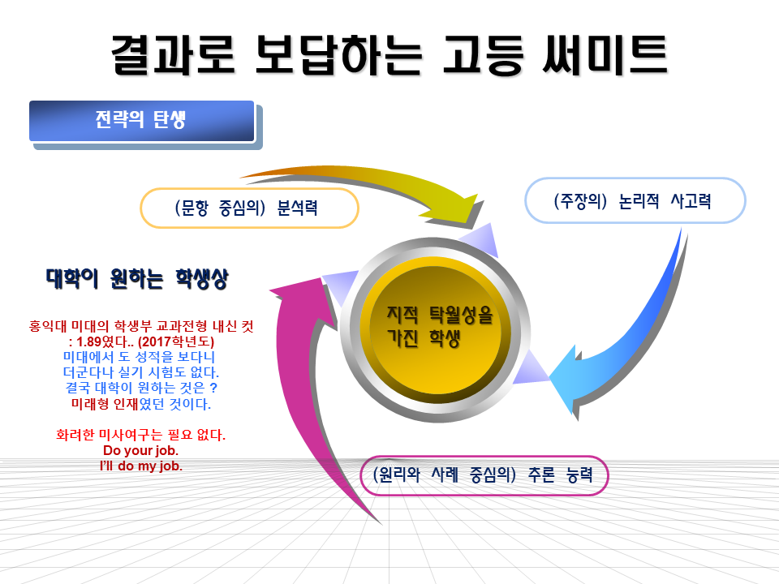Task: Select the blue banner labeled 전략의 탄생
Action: tap(142, 121)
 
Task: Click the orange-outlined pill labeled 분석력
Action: tap(249, 208)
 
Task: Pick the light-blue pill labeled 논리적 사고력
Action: tap(635, 200)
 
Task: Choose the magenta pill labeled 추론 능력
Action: tap(484, 475)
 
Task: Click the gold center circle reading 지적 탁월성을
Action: tap(435, 330)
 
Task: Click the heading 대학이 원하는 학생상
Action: tap(137, 278)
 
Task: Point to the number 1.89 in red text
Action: tap(89, 341)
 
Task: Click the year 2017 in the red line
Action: tap(157, 341)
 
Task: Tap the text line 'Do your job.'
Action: tap(140, 450)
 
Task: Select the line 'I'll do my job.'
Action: tap(141, 466)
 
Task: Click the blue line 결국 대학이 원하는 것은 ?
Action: tap(141, 388)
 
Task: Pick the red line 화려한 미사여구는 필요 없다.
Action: tap(141, 435)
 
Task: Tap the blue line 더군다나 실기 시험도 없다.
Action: tap(141, 372)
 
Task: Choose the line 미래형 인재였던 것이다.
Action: tap(141, 404)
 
